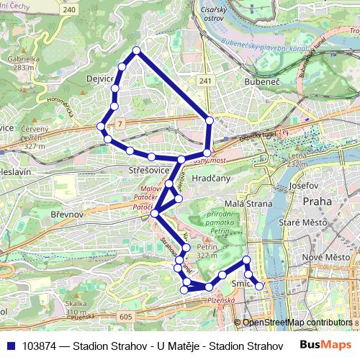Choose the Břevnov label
(68, 215)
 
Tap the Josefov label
(303, 185)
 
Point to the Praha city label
(318, 202)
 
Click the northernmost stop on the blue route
(137, 50)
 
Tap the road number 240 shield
(69, 11)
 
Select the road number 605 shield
(127, 315)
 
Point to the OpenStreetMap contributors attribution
(297, 322)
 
